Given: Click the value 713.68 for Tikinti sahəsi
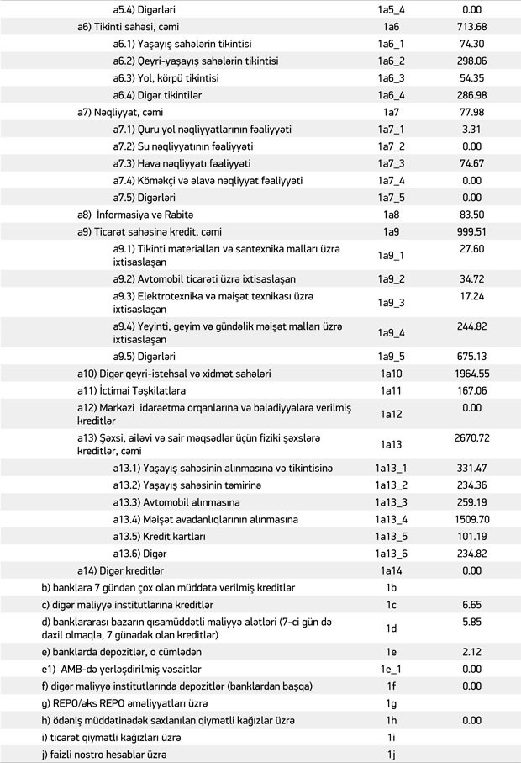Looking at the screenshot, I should point(471,27).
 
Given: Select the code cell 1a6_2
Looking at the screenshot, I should point(390,61).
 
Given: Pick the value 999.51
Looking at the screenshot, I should point(471,231).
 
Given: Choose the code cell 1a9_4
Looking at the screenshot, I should point(390,331).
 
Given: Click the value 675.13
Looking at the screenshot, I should point(471,355).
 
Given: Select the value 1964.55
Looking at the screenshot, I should point(471,373).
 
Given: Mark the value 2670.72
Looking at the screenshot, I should point(471,438).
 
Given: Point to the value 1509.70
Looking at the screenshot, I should point(471,519).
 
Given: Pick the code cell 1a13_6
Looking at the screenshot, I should point(390,553).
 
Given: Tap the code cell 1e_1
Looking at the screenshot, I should point(390,669).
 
